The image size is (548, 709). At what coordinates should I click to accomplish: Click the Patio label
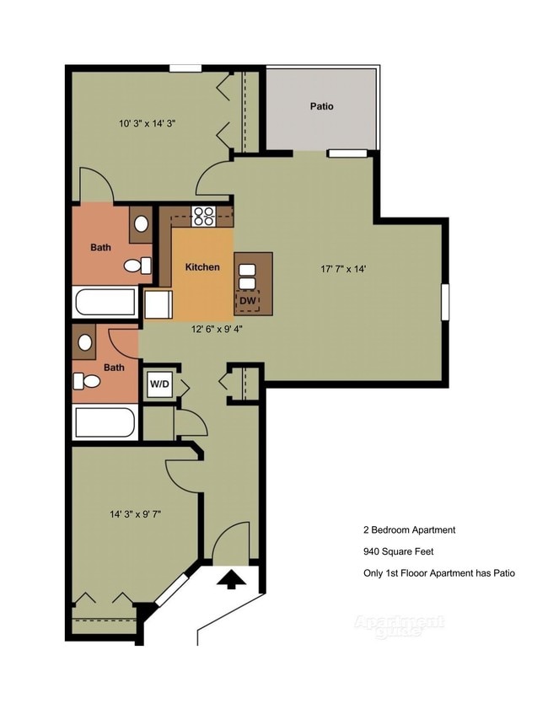(321, 107)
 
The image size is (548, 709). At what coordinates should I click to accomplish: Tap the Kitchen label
(202, 267)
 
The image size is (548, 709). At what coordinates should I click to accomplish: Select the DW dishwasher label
(248, 299)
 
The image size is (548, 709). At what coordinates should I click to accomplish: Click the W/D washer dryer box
(159, 385)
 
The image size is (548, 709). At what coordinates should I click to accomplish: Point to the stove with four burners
(203, 217)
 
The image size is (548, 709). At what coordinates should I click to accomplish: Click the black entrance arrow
(231, 580)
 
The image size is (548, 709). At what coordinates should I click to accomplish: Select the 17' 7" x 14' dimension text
(343, 270)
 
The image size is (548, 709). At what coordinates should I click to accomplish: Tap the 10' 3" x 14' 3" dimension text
(147, 123)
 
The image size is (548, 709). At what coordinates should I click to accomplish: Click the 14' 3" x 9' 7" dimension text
(134, 513)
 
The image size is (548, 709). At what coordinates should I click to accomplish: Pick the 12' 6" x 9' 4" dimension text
(217, 330)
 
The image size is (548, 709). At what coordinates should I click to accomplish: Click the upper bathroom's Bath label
(100, 248)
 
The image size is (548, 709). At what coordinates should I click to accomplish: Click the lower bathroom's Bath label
(114, 368)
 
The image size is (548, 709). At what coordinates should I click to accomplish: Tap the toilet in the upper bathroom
(133, 266)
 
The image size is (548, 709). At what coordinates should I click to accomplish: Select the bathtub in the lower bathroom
(105, 423)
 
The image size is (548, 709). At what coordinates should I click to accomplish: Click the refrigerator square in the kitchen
(158, 303)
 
